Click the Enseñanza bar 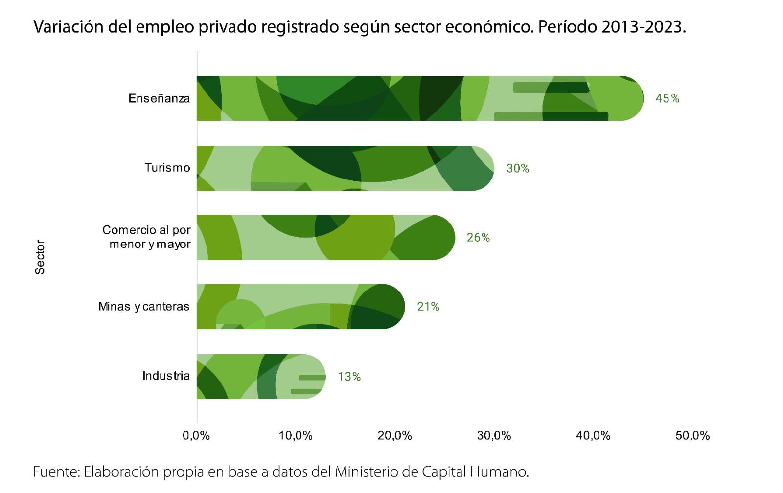(420, 98)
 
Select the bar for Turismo (345, 168)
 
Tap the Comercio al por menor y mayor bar (325, 237)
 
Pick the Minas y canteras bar (300, 306)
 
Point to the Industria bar (261, 376)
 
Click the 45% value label (667, 98)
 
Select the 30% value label (517, 168)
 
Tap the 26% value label (478, 237)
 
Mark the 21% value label (428, 307)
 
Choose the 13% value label (349, 377)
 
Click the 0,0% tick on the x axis (196, 435)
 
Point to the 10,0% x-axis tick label (296, 435)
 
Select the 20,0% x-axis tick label (394, 435)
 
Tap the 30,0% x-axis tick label (494, 435)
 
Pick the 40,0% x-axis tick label (593, 435)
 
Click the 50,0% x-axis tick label (692, 435)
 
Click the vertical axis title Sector (40, 257)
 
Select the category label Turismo (167, 168)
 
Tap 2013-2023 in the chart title (643, 26)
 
